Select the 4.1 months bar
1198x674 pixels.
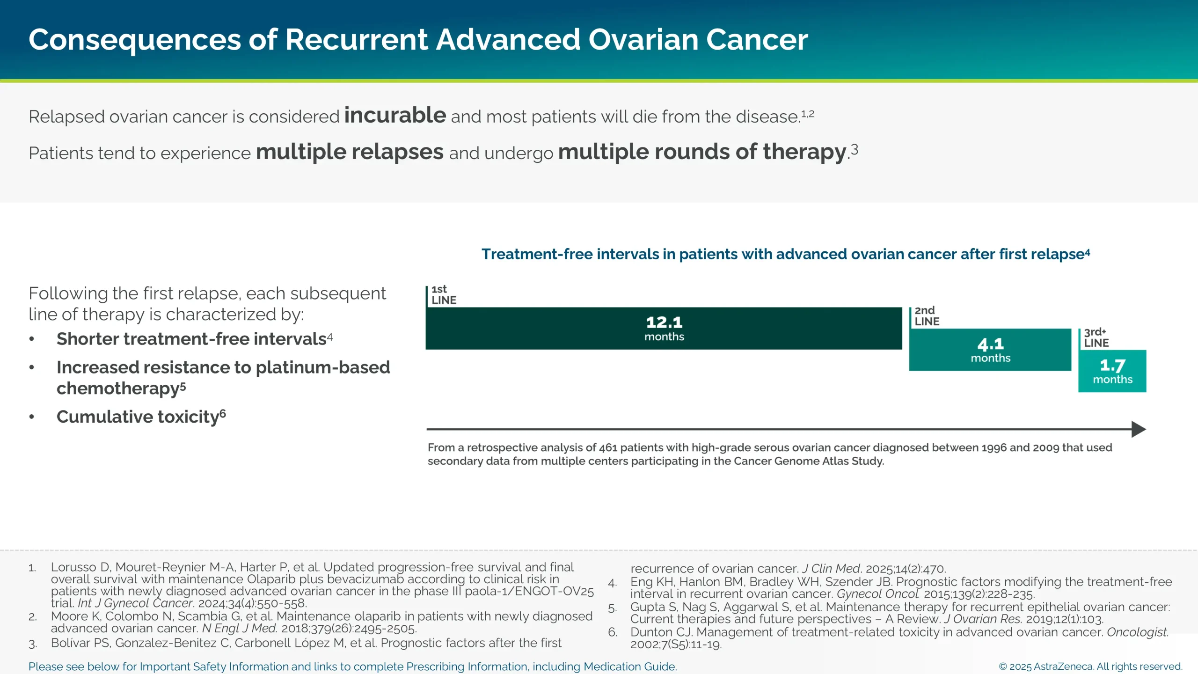tap(990, 350)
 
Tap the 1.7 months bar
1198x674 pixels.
tap(1112, 371)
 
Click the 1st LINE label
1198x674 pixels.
tap(443, 295)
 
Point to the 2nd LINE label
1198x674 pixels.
tap(927, 316)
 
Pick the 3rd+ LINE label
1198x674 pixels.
tap(1096, 337)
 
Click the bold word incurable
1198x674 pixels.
tap(395, 115)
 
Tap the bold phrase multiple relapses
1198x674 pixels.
tap(349, 152)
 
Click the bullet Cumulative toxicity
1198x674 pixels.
tap(139, 417)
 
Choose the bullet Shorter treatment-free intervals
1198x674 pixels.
tap(192, 339)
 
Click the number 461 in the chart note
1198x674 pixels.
tap(608, 447)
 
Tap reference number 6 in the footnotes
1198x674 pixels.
tap(612, 632)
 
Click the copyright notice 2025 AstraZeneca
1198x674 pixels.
tap(1090, 667)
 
